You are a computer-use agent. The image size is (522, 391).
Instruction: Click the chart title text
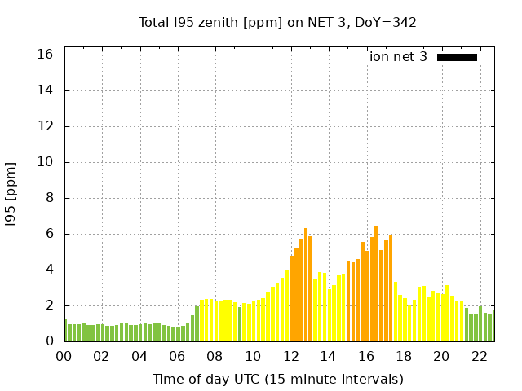point(277,22)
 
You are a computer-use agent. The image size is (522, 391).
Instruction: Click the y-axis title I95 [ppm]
point(11,193)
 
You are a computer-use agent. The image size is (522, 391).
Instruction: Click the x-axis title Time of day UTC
point(277,379)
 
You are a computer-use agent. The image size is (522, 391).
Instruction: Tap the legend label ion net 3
point(398,56)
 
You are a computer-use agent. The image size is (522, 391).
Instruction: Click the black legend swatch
point(457,57)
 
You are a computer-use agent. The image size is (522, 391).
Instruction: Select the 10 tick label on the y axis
point(46,162)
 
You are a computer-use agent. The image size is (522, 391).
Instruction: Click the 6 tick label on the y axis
point(49,234)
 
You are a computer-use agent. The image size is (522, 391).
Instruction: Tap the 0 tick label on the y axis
point(49,341)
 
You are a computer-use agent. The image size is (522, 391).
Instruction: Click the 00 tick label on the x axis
point(64,356)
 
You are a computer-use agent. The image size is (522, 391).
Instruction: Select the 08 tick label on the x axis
point(215,356)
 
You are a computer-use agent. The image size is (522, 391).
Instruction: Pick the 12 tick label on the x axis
point(290,356)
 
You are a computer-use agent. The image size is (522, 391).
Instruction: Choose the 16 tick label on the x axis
point(365,356)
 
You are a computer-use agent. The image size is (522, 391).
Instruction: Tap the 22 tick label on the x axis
point(479,356)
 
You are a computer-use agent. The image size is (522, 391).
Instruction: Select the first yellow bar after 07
point(201,320)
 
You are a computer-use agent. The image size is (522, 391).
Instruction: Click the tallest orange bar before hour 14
point(306,285)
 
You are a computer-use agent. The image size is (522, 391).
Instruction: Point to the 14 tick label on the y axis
point(46,90)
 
